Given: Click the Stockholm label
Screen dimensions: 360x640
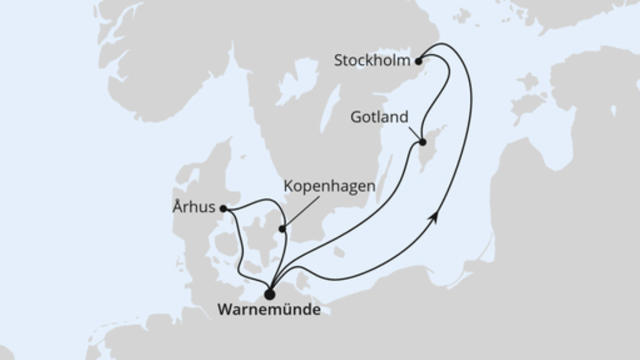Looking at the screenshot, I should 372,61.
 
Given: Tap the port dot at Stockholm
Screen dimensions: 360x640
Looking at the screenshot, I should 418,61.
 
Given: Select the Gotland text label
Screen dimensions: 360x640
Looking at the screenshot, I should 380,118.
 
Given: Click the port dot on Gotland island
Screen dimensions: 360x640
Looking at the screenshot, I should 423,142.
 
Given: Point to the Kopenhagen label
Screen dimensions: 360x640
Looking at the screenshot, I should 329,187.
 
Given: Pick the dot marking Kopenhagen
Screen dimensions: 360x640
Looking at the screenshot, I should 282,229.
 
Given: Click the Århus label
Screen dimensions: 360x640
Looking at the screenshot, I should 194,208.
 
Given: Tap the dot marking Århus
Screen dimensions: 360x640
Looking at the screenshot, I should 223,209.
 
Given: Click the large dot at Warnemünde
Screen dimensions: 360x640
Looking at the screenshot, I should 269,294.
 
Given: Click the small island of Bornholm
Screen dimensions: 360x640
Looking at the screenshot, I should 339,251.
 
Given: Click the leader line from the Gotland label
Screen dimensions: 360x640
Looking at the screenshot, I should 416,132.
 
